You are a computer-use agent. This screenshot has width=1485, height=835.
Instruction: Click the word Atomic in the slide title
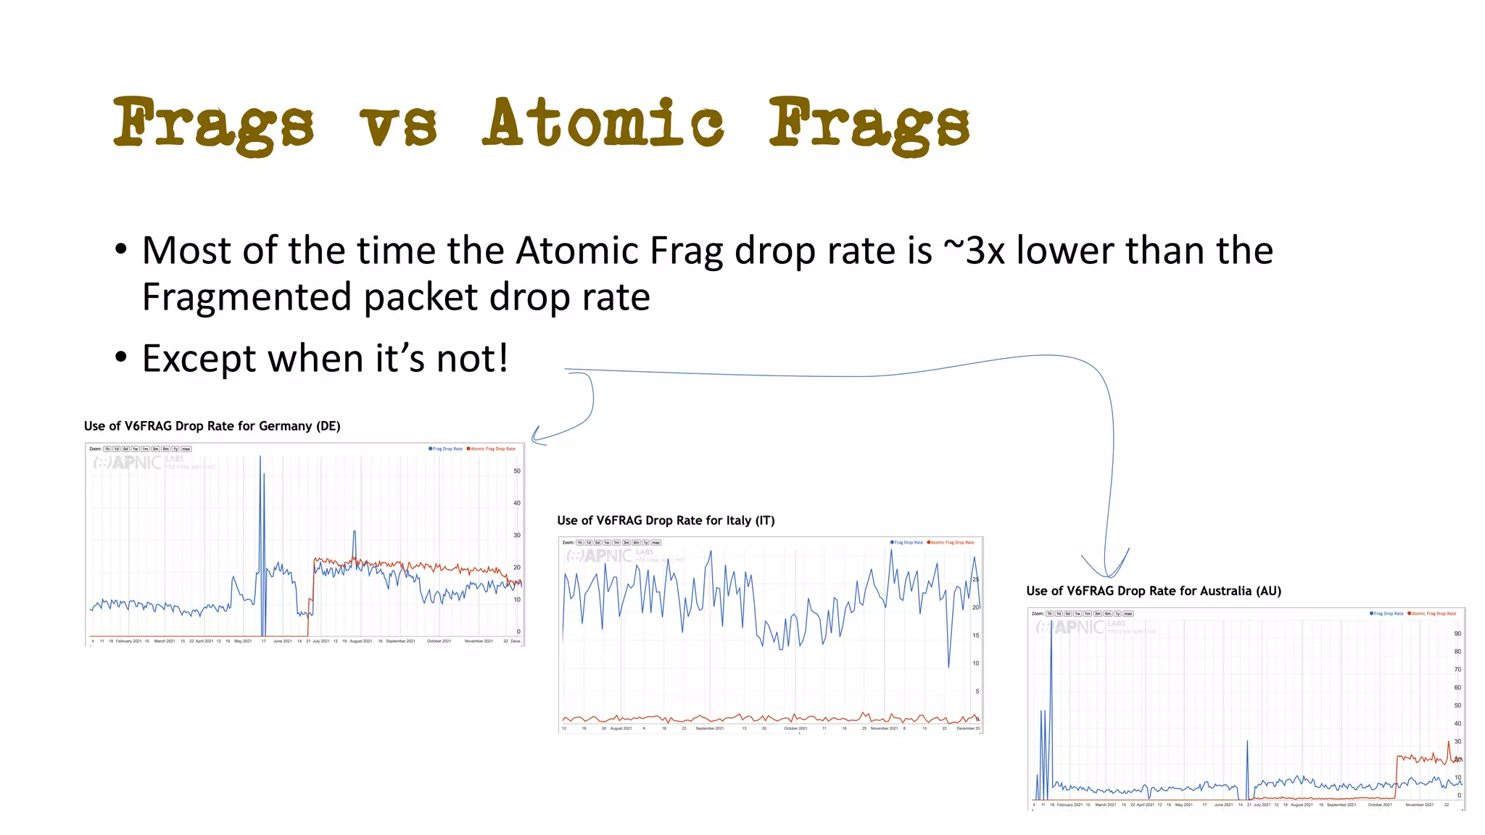click(603, 123)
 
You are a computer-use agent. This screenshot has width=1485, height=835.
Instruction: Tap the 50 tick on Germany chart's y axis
click(517, 471)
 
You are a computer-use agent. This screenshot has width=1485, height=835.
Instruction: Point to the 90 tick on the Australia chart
click(1457, 633)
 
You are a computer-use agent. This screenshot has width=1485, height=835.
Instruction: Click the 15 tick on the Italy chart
click(975, 636)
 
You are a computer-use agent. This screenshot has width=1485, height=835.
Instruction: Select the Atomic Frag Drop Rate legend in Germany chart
click(492, 449)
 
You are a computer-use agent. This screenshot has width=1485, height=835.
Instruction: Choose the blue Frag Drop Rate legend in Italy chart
click(907, 542)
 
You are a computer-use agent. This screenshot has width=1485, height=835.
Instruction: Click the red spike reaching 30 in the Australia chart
click(1449, 742)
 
